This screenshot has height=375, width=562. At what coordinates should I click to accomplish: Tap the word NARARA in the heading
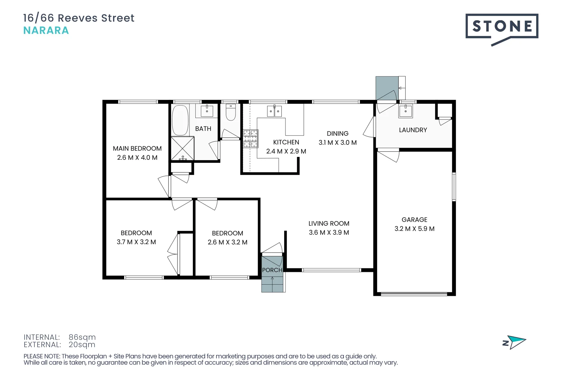coord(46,31)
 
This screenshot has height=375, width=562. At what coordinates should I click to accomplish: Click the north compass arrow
coord(516,342)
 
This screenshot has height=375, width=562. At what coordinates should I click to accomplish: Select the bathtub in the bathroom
coord(180,120)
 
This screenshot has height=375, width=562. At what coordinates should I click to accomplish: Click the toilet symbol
coord(231,112)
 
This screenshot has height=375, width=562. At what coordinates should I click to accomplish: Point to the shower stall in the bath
coord(182,148)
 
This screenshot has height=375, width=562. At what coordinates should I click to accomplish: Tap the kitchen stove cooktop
coord(250,139)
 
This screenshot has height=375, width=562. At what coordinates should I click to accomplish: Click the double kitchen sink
coord(274,111)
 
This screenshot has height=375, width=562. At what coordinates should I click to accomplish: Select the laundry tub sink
coord(406,111)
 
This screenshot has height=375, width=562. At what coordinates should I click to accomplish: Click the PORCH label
coord(272,270)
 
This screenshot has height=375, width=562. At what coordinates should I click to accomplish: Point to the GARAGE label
coord(414,220)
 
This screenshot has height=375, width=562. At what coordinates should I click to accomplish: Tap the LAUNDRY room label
coord(413,130)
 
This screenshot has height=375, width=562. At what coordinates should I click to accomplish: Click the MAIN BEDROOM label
coord(137,149)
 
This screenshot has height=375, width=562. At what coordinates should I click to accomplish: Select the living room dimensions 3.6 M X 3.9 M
coord(329,233)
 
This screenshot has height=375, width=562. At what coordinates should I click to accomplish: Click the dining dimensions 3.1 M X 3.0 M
coord(338,143)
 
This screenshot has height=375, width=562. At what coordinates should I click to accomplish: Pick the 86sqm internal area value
coord(82,337)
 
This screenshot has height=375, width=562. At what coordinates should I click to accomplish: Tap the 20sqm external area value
coord(82,345)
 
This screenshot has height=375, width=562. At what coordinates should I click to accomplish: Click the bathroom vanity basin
coord(207,111)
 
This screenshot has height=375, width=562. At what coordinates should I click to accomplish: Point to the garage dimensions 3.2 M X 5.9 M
coord(414,229)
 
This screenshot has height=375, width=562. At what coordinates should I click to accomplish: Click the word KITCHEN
coord(286,142)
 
